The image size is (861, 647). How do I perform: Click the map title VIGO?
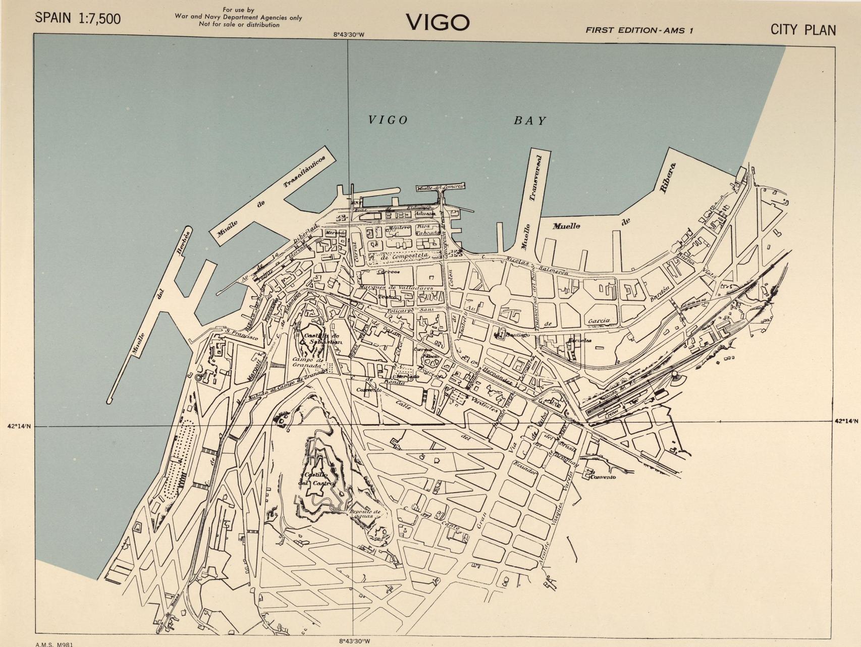coord(438,22)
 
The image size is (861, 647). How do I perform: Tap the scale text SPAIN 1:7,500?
coord(78,19)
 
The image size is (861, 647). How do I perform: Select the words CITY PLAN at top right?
coord(802,30)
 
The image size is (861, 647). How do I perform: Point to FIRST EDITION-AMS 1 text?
coord(639,30)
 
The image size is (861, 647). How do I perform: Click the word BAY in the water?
coord(530,121)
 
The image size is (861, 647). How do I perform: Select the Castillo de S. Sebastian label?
coord(322,339)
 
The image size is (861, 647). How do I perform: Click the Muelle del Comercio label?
coord(440,187)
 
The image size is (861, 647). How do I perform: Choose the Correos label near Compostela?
coord(388,272)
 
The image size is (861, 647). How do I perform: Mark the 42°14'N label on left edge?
coord(19,426)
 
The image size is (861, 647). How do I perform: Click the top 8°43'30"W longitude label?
coord(348,35)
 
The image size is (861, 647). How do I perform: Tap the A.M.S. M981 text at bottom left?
coord(54,644)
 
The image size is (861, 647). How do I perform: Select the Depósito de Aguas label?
coord(365,514)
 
